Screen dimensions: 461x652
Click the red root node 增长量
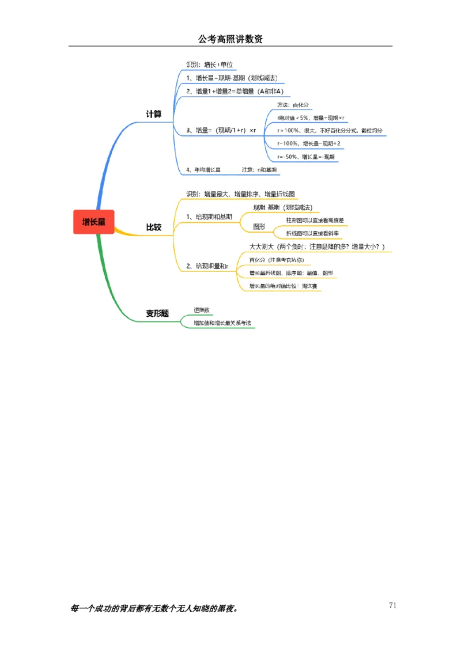(94, 222)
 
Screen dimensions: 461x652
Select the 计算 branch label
(154, 114)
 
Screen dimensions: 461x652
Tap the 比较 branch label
(154, 228)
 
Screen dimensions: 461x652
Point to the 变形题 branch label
(157, 313)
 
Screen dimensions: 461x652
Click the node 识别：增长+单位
(210, 65)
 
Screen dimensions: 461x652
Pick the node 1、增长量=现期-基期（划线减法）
(232, 78)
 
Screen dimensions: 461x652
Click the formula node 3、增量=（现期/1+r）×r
(221, 131)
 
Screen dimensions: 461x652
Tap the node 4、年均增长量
(203, 170)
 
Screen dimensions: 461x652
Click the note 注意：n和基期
(259, 170)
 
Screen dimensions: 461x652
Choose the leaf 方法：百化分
(293, 105)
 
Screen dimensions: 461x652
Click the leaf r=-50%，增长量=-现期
(305, 157)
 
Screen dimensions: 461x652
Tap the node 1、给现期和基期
(209, 217)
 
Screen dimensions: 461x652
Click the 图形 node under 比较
(259, 227)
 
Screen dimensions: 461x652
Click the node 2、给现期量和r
(207, 266)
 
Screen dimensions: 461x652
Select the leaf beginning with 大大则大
(316, 247)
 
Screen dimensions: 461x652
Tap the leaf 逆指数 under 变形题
(202, 310)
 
